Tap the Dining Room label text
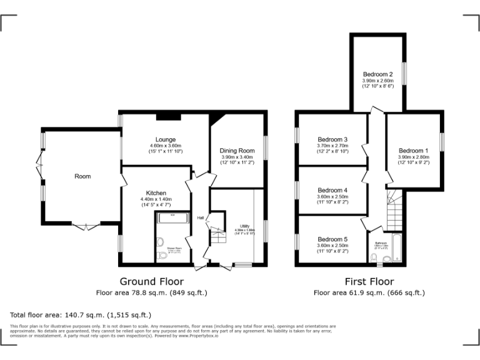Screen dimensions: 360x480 [x=237, y=151]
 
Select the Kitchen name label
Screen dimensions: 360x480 [x=156, y=192]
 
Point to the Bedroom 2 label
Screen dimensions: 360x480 [x=377, y=74]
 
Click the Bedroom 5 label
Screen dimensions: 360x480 [x=332, y=239]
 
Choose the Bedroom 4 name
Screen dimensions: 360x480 [x=332, y=190]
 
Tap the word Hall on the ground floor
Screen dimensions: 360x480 [x=201, y=217]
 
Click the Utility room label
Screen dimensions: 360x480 [x=245, y=226]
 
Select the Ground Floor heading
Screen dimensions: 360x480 [x=151, y=282]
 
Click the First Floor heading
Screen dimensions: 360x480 [x=369, y=282]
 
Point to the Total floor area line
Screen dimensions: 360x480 [x=81, y=315]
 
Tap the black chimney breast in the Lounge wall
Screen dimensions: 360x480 [x=172, y=116]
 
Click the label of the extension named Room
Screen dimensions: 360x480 [x=82, y=176]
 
